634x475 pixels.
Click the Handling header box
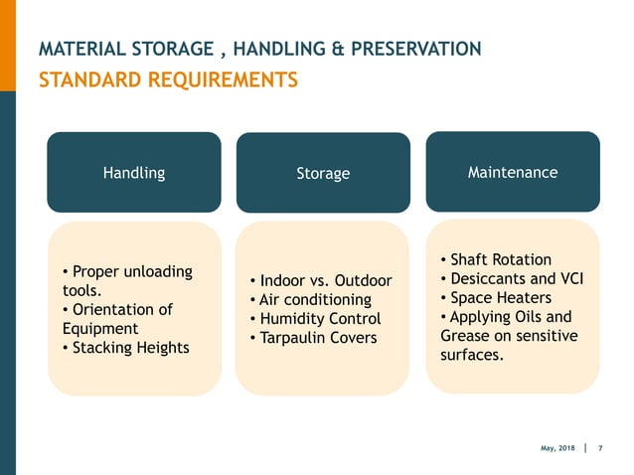pos(133,172)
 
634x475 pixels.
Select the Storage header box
pos(323,173)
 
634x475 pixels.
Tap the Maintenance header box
pos(513,172)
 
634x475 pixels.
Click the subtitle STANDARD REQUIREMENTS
pos(168,79)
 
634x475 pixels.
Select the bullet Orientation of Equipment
pos(116,319)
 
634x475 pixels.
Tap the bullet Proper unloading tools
pos(127,281)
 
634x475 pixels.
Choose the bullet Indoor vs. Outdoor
pos(321,280)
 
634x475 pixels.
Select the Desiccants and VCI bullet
pos(511,278)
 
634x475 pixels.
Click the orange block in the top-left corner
pos(8,45)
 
